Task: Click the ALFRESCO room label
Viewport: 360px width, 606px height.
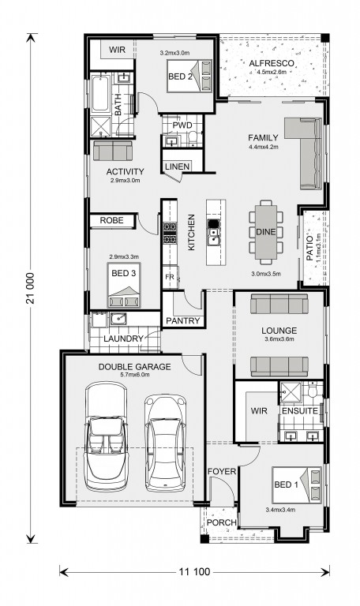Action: click(x=272, y=63)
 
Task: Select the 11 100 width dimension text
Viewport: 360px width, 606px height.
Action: click(x=194, y=571)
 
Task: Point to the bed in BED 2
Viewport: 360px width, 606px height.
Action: click(x=189, y=76)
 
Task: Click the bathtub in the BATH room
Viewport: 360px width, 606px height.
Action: click(x=100, y=93)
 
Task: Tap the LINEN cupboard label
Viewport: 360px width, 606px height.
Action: click(x=177, y=166)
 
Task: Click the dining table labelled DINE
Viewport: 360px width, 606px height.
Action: click(x=265, y=232)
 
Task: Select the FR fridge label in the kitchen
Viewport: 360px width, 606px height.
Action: click(x=170, y=277)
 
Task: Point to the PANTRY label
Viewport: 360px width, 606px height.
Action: click(x=183, y=321)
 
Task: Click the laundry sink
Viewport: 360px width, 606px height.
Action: click(x=118, y=319)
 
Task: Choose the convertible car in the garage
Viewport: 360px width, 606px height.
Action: click(x=106, y=436)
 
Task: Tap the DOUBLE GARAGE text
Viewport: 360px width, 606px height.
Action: click(x=134, y=367)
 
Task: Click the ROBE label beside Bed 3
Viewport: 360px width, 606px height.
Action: click(x=112, y=220)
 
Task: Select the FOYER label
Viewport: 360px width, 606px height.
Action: click(x=222, y=472)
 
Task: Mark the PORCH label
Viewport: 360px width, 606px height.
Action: click(x=222, y=522)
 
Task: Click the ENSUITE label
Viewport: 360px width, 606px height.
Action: click(x=300, y=411)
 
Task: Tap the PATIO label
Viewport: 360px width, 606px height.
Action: click(x=309, y=248)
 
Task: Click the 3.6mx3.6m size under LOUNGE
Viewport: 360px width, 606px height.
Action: click(x=279, y=339)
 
